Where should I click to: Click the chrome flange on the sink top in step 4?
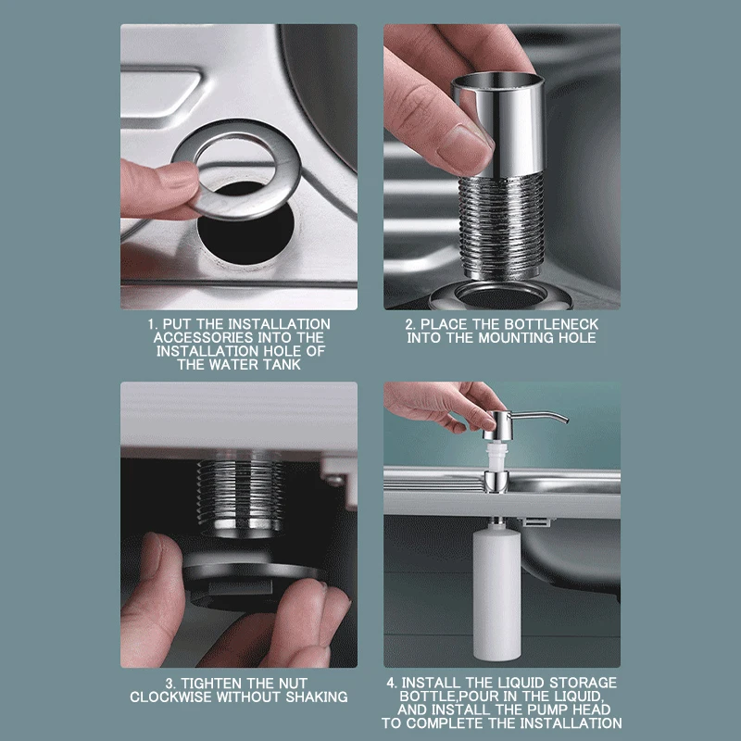(496, 482)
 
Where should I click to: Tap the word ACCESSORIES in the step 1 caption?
(198, 337)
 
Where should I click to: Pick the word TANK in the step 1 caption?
(283, 364)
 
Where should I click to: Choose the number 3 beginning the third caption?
(170, 684)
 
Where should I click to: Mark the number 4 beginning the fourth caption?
(391, 683)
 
